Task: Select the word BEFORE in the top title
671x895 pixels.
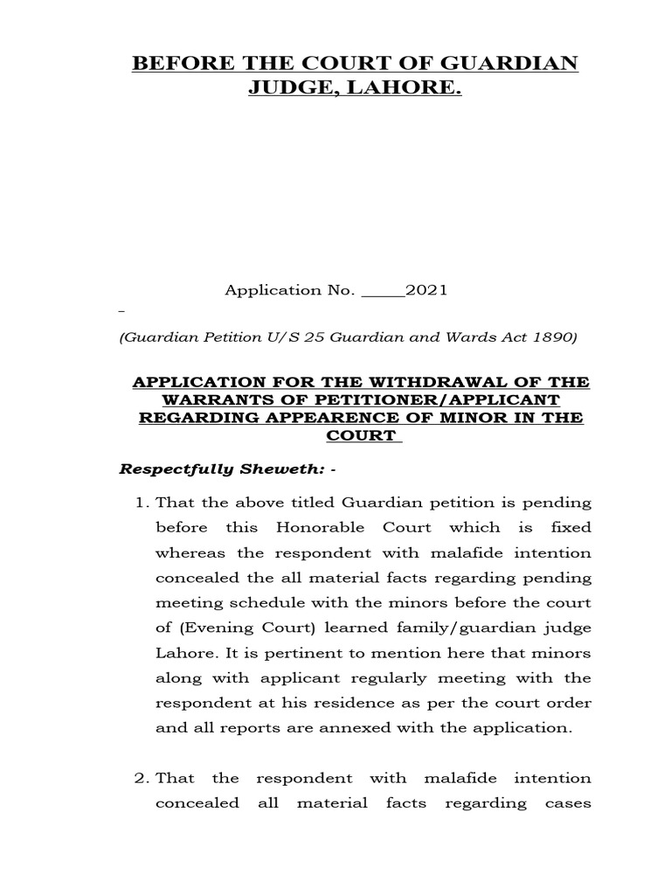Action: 179,65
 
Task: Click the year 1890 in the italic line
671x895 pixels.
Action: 558,337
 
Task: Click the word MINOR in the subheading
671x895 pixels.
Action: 470,418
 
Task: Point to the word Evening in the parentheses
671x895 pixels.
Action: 211,603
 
